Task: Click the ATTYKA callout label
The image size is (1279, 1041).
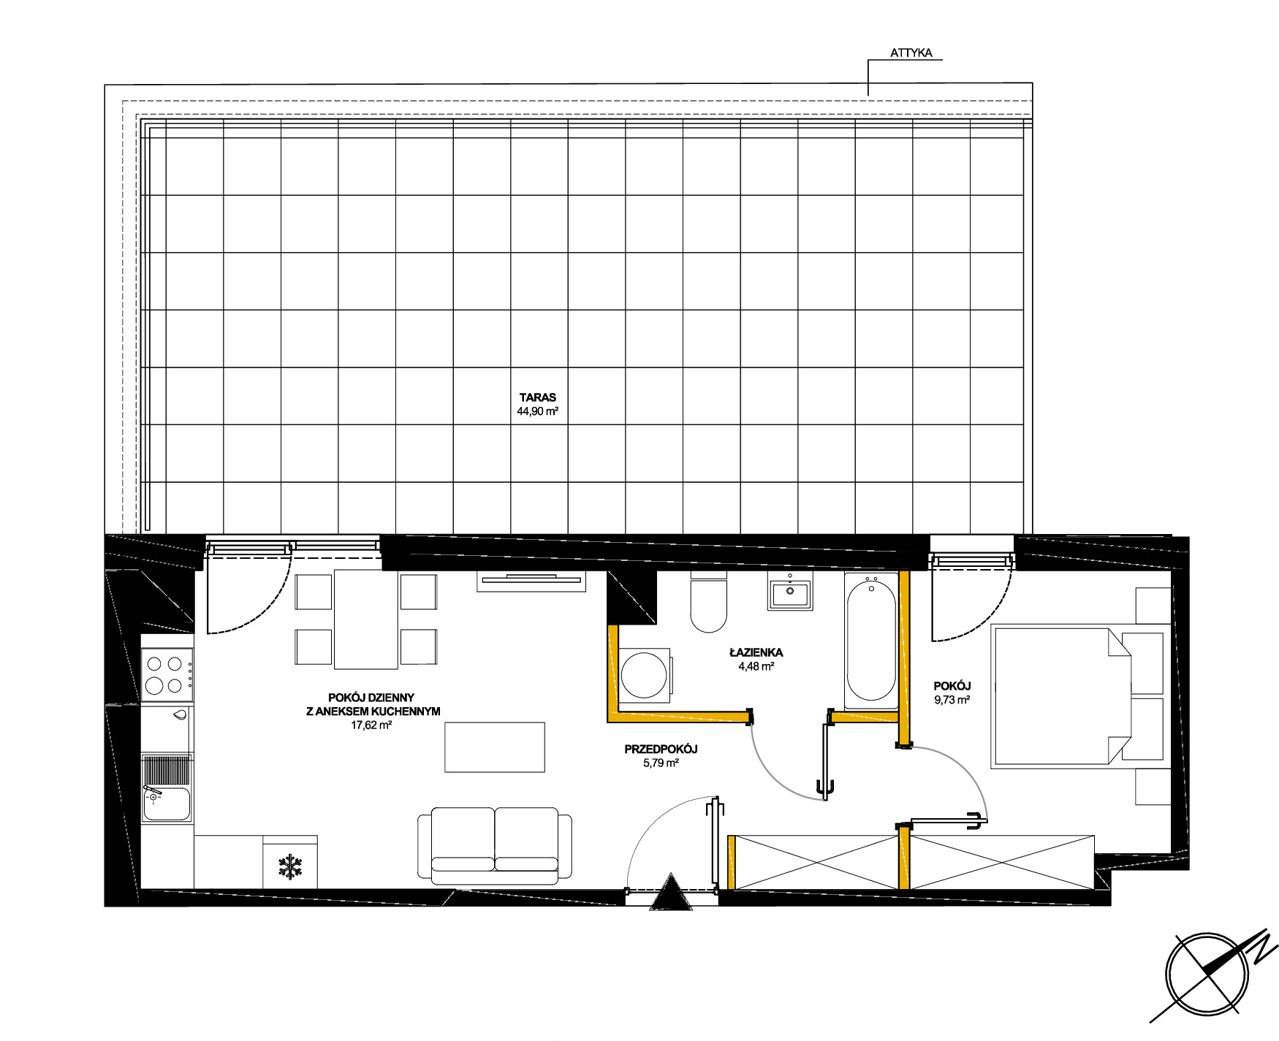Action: click(911, 53)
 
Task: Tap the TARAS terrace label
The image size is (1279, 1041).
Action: click(538, 397)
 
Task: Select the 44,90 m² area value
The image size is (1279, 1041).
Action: click(538, 411)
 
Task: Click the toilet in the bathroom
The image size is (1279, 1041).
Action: click(708, 602)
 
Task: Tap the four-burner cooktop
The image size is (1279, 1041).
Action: click(167, 675)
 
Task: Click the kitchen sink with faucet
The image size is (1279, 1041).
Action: click(167, 803)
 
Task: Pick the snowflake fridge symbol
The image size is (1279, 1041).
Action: click(290, 866)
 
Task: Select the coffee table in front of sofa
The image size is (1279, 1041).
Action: click(495, 747)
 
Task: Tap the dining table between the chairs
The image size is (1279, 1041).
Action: click(366, 619)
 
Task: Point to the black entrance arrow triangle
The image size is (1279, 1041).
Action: click(671, 892)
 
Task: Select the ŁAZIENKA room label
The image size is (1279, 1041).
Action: click(756, 652)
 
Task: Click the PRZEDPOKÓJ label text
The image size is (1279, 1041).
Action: click(661, 749)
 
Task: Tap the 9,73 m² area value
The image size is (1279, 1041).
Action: click(952, 700)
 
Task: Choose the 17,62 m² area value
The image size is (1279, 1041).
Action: click(372, 725)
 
